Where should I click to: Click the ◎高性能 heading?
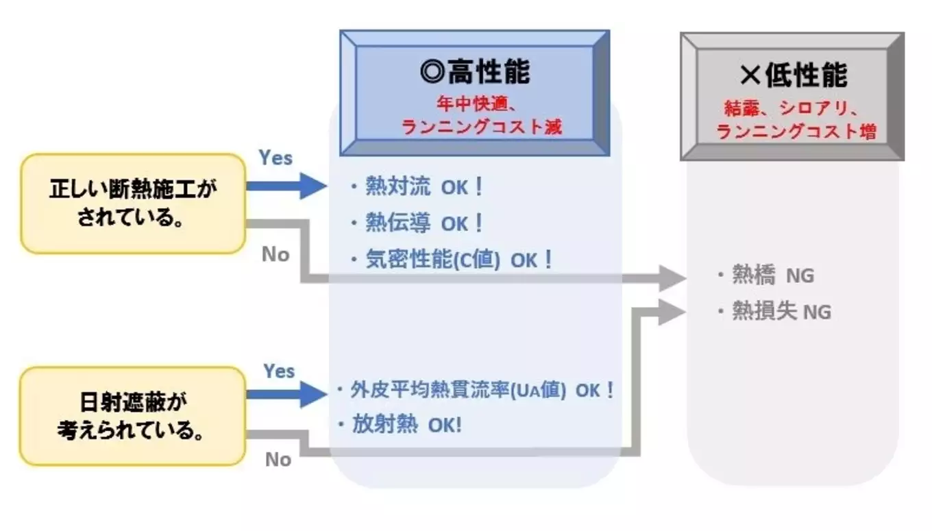pos(475,71)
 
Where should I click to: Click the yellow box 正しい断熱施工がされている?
pos(132,203)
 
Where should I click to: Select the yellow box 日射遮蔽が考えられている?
pos(132,416)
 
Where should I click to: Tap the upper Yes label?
pos(275,158)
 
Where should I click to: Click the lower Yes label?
pos(279,371)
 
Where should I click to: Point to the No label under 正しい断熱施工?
pos(275,255)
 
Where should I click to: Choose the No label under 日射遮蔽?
pos(278,460)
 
